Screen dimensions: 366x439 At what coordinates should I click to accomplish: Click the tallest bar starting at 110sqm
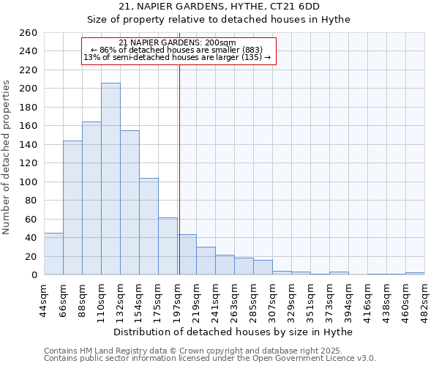tap(110, 179)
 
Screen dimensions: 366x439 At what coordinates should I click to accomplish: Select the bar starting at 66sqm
tap(72, 208)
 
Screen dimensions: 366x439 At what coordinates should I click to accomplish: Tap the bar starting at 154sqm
tap(149, 227)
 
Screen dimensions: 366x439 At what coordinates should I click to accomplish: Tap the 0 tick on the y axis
tap(34, 275)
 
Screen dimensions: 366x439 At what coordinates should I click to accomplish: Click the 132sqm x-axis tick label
tap(120, 299)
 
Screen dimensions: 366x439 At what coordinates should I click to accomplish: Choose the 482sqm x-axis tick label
tap(424, 299)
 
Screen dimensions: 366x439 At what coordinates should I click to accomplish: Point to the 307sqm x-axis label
tap(272, 299)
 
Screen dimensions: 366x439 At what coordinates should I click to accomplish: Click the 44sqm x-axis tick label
tap(44, 299)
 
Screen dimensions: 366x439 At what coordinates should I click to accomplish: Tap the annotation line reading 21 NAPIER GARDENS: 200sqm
tap(177, 43)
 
